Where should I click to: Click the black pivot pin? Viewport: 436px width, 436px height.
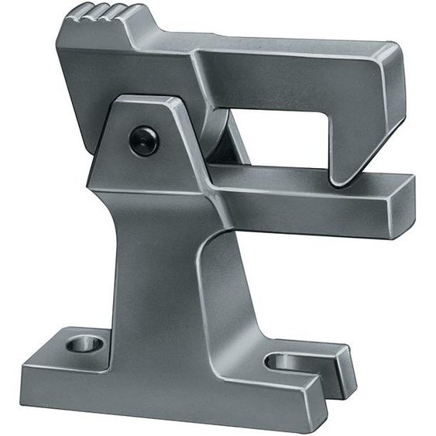[x=143, y=141]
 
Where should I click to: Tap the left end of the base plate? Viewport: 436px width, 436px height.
[x=31, y=379]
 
